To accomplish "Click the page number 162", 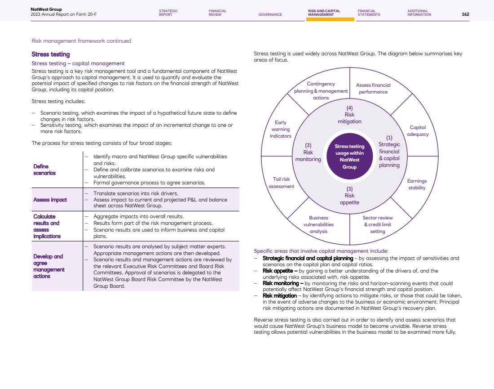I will pos(465,14).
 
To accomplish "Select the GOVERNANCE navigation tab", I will pos(270,14).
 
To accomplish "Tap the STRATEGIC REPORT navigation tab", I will pos(168,13).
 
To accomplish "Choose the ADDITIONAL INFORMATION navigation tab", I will pos(419,13).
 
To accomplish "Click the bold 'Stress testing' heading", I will pos(51,54).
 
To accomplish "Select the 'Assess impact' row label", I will pos(50,200).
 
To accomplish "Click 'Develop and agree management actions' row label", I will pos(48,266).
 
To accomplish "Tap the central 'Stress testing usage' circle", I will pos(349,156).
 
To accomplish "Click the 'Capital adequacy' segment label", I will pos(418,131).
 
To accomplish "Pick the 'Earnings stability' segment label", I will pos(417,184).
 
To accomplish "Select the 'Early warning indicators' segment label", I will pos(280,129).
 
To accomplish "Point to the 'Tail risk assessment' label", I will pos(281,183).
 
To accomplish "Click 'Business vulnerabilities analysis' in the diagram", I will pos(318,224).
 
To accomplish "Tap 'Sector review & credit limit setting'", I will pos(378,224).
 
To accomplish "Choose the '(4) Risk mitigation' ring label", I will pos(349,115).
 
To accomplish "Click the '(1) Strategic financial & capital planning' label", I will pos(389,152).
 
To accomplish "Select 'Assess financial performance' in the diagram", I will pos(373,88).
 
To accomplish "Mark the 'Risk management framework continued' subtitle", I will pos(81,41).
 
